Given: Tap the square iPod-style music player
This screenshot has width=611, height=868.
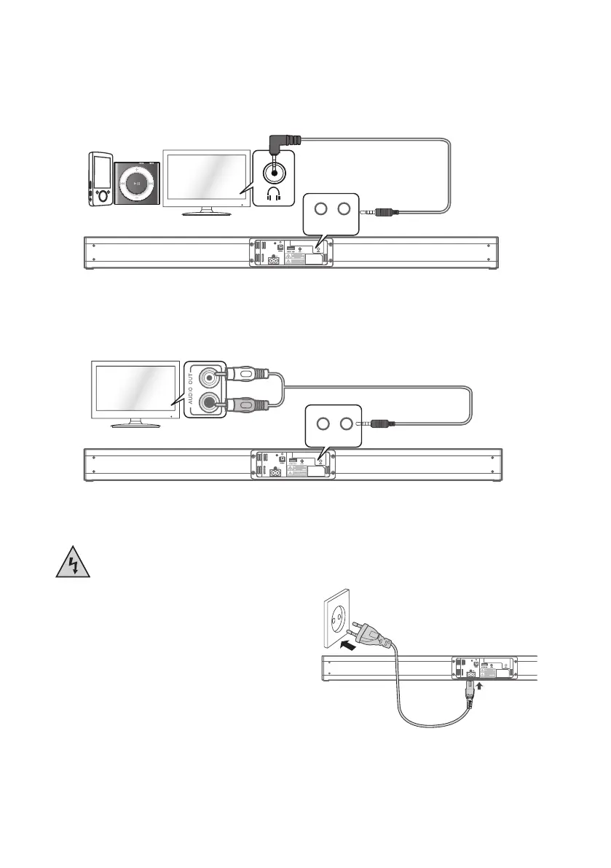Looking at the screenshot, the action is [x=136, y=180].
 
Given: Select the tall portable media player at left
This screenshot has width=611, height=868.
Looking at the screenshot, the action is [x=100, y=179].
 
